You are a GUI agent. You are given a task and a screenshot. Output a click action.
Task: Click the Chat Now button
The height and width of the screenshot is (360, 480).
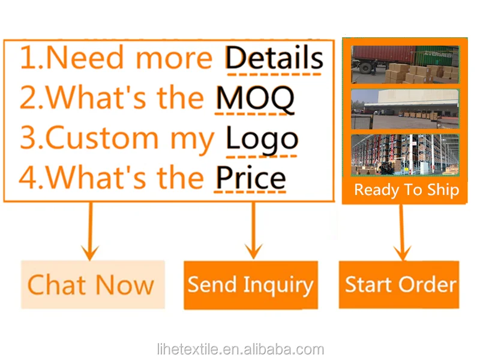click(93, 284)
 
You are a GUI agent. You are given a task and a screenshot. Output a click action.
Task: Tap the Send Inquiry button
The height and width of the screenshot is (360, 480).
click(251, 284)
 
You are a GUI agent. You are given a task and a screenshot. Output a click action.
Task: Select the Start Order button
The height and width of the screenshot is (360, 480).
click(399, 284)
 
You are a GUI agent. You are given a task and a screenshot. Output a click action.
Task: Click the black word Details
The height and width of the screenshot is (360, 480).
click(274, 58)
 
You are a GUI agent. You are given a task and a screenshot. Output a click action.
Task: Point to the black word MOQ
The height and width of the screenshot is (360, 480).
click(255, 98)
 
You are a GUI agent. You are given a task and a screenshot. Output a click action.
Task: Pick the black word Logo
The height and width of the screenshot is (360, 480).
click(262, 140)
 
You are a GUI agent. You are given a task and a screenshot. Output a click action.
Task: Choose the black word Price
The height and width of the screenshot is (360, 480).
click(251, 178)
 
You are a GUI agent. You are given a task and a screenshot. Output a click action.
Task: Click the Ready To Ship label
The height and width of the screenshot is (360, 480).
click(407, 190)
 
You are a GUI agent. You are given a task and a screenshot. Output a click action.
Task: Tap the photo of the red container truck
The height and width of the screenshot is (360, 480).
click(405, 64)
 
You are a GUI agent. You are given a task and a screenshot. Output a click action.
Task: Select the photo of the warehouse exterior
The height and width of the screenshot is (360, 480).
click(405, 109)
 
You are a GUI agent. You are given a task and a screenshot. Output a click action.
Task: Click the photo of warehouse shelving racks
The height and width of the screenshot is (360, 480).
click(405, 155)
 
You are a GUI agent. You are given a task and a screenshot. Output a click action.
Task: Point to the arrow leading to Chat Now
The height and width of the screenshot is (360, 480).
click(91, 231)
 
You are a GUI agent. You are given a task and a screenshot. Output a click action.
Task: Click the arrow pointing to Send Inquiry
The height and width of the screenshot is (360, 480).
click(253, 230)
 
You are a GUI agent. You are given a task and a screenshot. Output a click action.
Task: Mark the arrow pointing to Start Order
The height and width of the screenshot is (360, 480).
click(401, 233)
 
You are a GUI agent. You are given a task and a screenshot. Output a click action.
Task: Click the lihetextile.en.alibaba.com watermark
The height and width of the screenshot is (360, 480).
click(241, 349)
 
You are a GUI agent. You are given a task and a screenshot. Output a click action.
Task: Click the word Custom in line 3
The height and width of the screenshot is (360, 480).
click(102, 139)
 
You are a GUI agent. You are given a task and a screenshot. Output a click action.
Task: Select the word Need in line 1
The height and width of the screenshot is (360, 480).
click(85, 58)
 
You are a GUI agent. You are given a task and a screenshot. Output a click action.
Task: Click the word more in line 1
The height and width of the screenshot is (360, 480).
click(174, 59)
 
